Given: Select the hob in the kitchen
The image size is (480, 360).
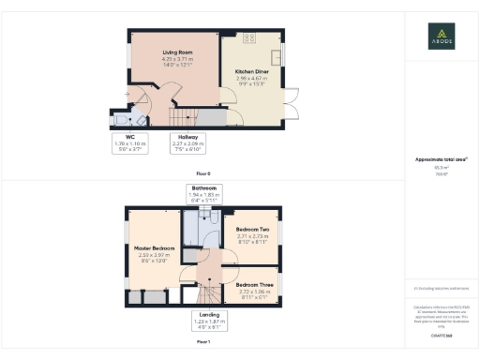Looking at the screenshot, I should tap(249, 38).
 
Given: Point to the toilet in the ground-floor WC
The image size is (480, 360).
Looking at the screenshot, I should tap(139, 118).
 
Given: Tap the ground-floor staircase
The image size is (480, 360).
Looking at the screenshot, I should tap(185, 117).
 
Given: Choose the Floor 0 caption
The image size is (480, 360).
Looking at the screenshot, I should tap(202, 173).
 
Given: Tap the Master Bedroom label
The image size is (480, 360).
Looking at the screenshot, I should tap(150, 248).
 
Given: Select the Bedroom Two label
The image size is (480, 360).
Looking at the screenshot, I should tap(252, 230).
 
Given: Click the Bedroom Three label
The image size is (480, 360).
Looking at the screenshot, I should tap(253, 284).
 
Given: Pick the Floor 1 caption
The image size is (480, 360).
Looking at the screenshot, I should tap(202, 344).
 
